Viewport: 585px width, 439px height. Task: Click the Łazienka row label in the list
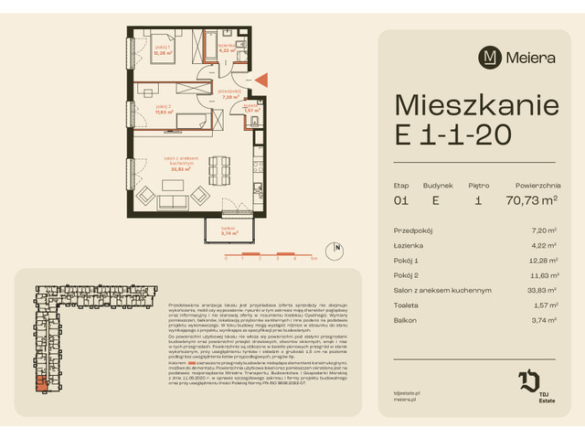(410, 244)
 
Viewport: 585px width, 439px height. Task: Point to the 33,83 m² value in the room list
(543, 290)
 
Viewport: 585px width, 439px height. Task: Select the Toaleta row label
(408, 305)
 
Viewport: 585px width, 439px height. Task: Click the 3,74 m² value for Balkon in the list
(545, 320)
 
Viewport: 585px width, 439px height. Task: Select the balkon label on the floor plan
(229, 228)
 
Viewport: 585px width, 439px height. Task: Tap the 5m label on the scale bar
(314, 260)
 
